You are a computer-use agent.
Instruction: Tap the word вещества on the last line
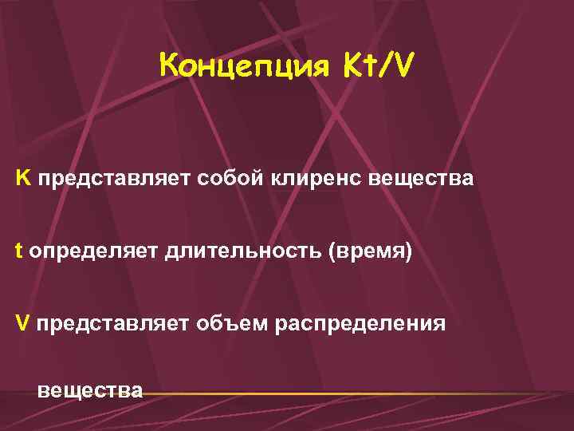click(90, 390)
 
